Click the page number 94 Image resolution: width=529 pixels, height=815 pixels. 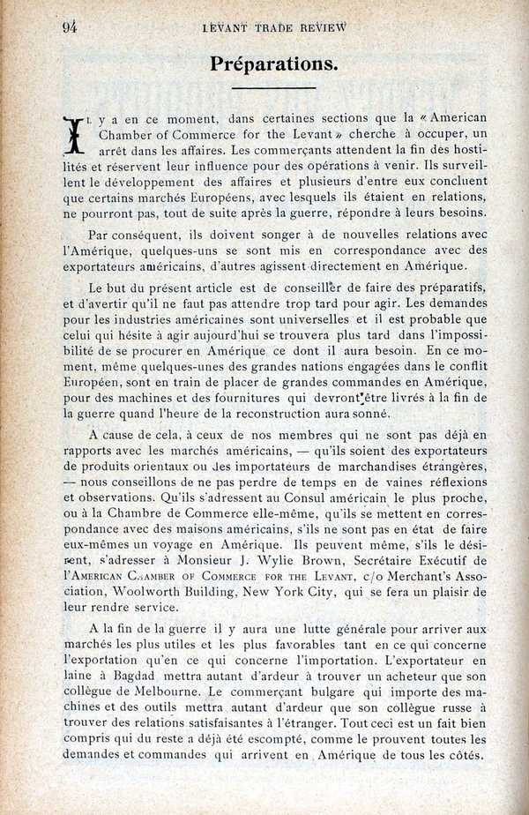point(71,26)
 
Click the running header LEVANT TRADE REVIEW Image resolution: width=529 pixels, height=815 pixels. point(274,27)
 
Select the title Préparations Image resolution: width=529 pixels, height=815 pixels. point(273,64)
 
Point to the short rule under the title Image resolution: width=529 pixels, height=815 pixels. point(273,88)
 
